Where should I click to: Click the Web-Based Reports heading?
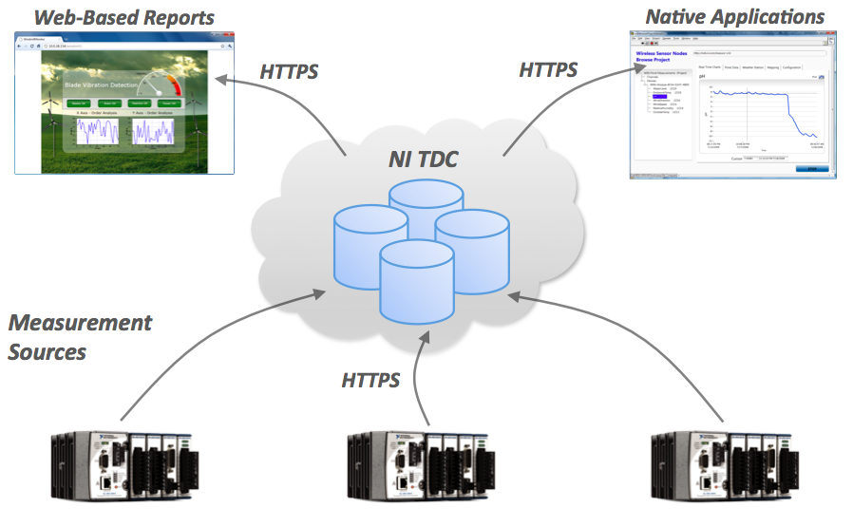[x=124, y=17]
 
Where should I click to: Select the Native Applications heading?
[x=734, y=16]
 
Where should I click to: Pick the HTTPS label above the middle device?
[x=371, y=381]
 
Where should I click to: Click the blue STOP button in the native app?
[x=810, y=169]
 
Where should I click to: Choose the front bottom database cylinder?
[x=414, y=280]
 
